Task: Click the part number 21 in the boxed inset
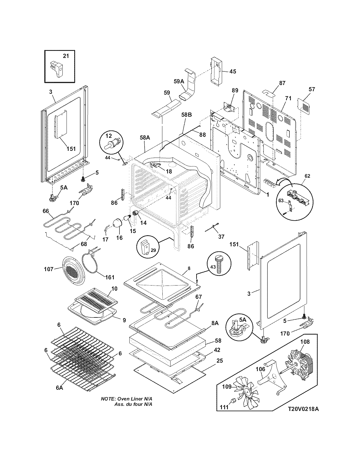[66, 56]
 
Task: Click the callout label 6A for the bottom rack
[59, 388]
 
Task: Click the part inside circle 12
[112, 142]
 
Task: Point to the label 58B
[186, 115]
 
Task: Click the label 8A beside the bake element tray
[215, 323]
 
